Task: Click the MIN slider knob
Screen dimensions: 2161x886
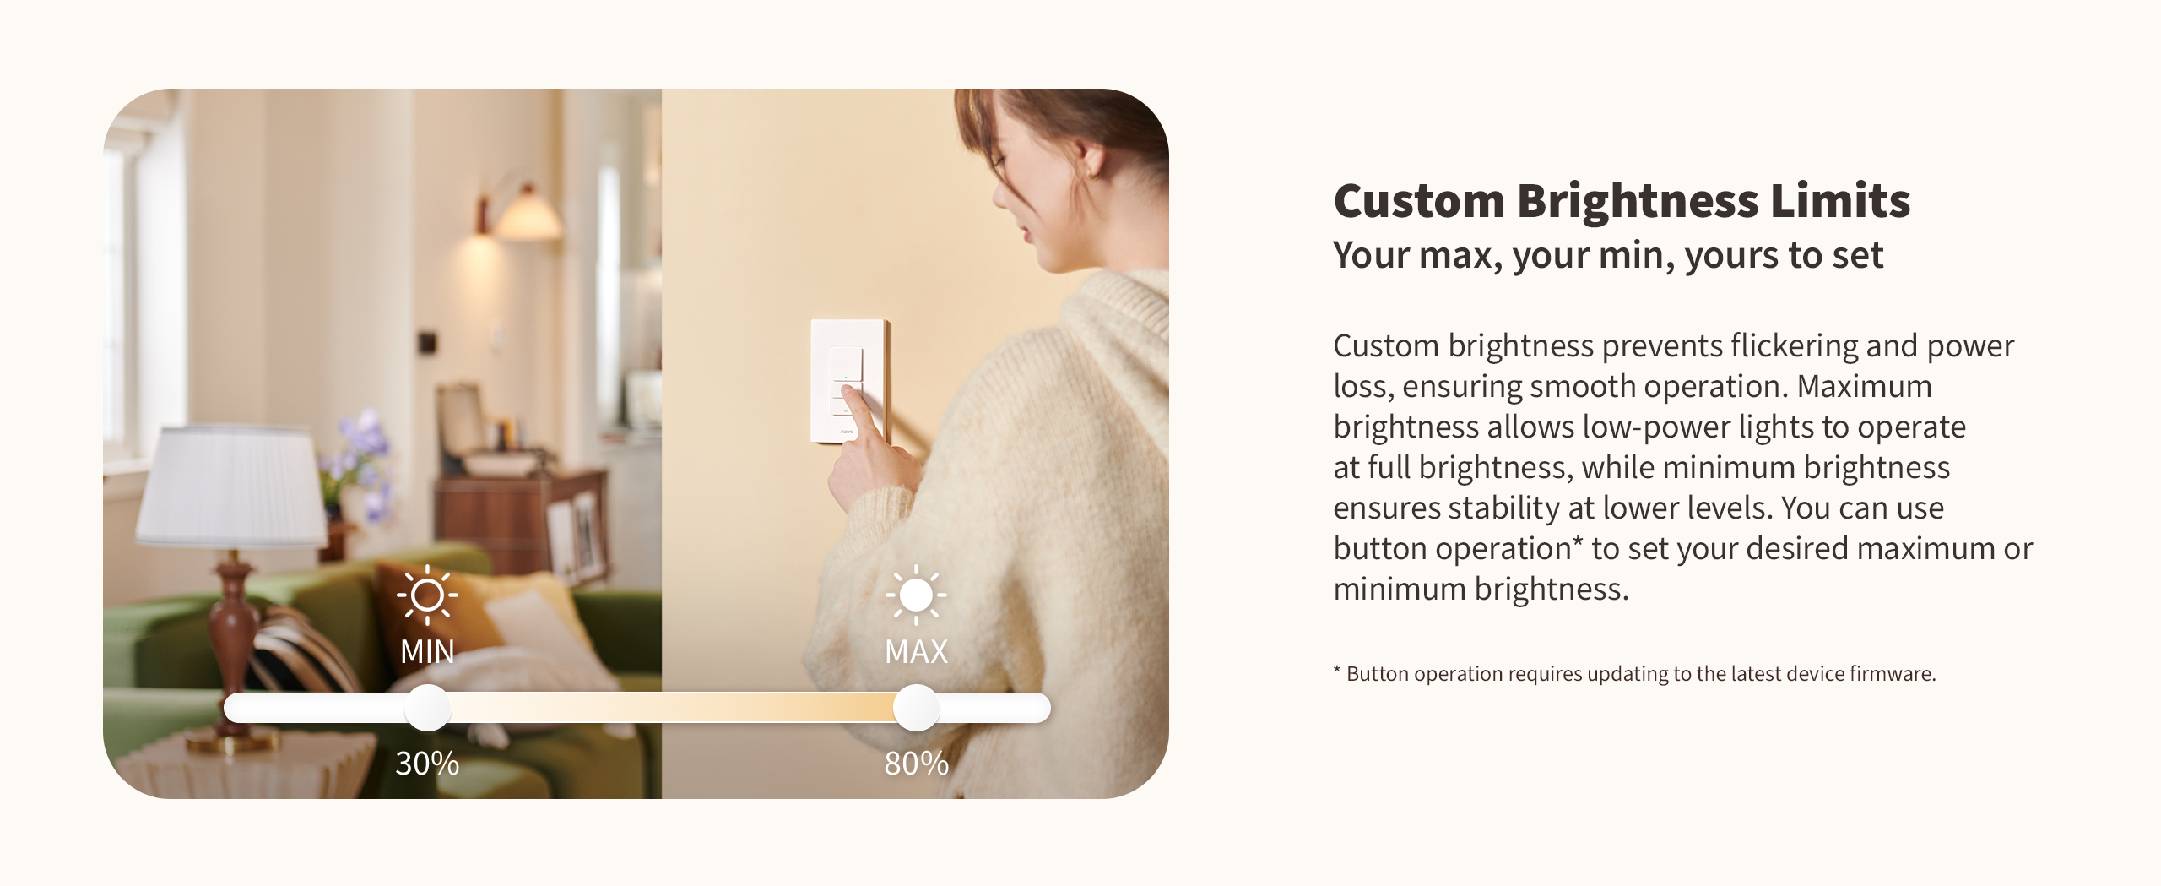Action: pyautogui.click(x=428, y=708)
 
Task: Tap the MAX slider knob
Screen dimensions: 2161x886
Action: pyautogui.click(x=916, y=708)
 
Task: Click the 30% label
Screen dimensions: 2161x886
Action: pyautogui.click(x=427, y=764)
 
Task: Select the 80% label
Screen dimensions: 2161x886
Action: pyautogui.click(x=917, y=764)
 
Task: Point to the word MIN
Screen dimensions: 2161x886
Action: pyautogui.click(x=427, y=652)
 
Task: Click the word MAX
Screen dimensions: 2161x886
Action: pyautogui.click(x=917, y=652)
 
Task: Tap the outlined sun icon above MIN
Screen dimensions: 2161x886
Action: pyautogui.click(x=427, y=595)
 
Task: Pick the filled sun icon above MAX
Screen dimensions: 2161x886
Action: pyautogui.click(x=916, y=595)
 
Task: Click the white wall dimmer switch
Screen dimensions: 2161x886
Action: pyautogui.click(x=848, y=381)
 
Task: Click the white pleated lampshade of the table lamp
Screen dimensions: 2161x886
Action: pyautogui.click(x=231, y=485)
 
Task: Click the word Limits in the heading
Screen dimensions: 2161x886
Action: pyautogui.click(x=1840, y=201)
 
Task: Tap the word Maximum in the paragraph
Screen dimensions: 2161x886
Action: pyautogui.click(x=1865, y=386)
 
